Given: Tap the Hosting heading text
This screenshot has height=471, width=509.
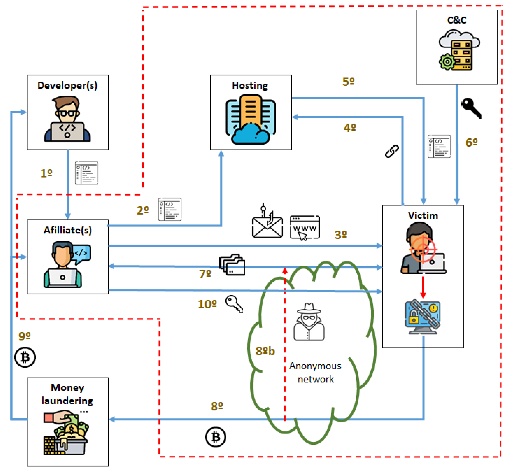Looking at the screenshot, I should [x=250, y=85].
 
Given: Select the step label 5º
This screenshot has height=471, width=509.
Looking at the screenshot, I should [x=348, y=82].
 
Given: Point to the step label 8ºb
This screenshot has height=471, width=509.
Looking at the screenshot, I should [x=265, y=351].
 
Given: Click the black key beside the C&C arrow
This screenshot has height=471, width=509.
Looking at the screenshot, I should [x=471, y=108].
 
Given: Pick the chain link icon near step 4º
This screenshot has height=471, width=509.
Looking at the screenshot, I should [x=392, y=151].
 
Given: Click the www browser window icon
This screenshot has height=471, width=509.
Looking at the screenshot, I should [x=305, y=227].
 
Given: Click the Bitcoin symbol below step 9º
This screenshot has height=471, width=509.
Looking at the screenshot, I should [x=25, y=357].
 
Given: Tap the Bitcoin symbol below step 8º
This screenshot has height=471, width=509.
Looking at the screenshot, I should [x=216, y=437].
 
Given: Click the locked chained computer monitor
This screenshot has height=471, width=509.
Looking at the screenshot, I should [x=423, y=318].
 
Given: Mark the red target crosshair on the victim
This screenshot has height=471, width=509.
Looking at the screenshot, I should [x=423, y=249].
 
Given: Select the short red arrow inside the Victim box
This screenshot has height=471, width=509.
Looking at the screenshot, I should [x=423, y=287].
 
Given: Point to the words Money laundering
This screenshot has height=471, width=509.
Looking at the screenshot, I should [x=67, y=394].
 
